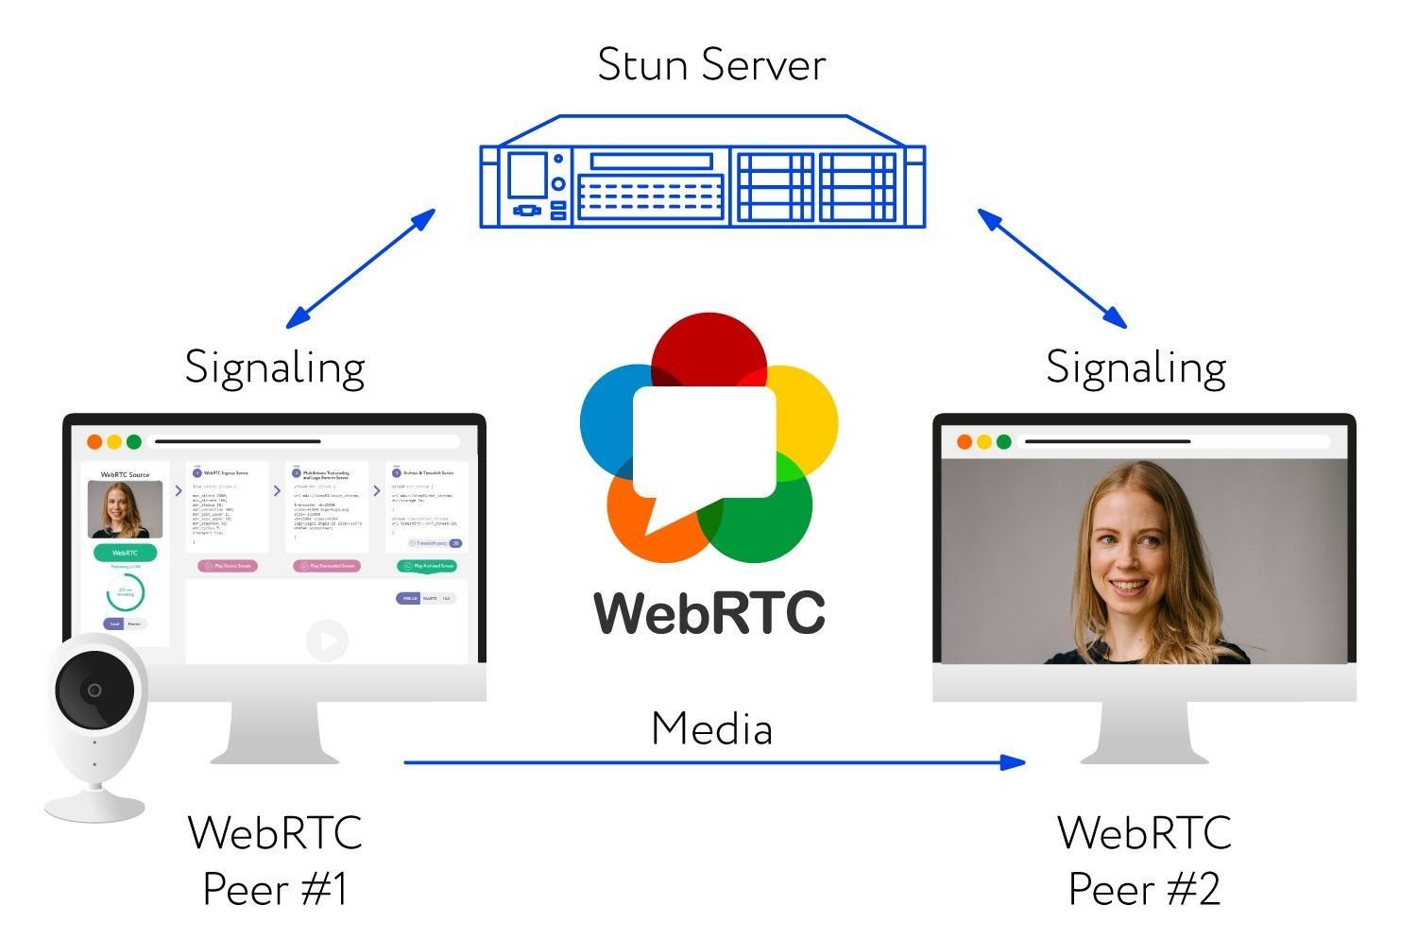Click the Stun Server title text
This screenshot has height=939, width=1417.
(x=711, y=64)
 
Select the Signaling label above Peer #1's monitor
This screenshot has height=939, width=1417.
(x=275, y=367)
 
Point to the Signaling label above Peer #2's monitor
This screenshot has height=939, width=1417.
(x=1136, y=367)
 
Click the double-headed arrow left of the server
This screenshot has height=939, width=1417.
(x=360, y=268)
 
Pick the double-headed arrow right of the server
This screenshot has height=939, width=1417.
(x=1051, y=268)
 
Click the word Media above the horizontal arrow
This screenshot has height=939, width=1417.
(x=711, y=729)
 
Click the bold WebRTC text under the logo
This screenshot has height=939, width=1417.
(x=709, y=613)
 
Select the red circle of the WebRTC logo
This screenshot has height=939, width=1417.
(x=708, y=350)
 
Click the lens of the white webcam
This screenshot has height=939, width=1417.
(x=94, y=690)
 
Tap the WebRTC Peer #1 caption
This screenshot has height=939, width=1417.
(x=275, y=861)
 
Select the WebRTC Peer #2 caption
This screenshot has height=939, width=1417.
(x=1144, y=861)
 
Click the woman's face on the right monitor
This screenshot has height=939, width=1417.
(x=1136, y=557)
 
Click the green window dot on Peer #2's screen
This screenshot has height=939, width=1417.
(x=1003, y=441)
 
